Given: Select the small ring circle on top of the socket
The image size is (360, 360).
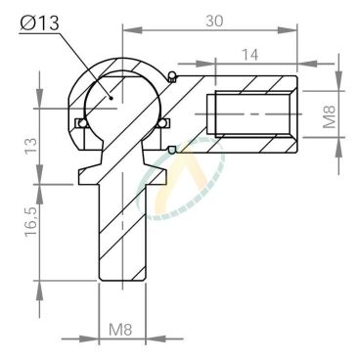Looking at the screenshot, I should [173, 79].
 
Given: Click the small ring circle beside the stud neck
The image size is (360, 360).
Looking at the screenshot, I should [173, 150].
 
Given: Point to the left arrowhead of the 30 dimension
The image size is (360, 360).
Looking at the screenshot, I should [124, 30].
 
